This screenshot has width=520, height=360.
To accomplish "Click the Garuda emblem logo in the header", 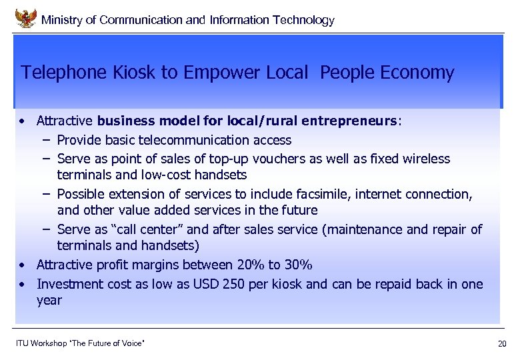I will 25,18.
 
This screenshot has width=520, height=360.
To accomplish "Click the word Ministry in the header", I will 62,20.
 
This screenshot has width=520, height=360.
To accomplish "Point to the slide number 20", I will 502,344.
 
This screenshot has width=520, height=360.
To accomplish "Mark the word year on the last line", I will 49,300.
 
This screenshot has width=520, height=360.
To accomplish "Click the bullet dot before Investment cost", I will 23,284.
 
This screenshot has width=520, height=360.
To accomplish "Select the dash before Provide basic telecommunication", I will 43,140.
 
